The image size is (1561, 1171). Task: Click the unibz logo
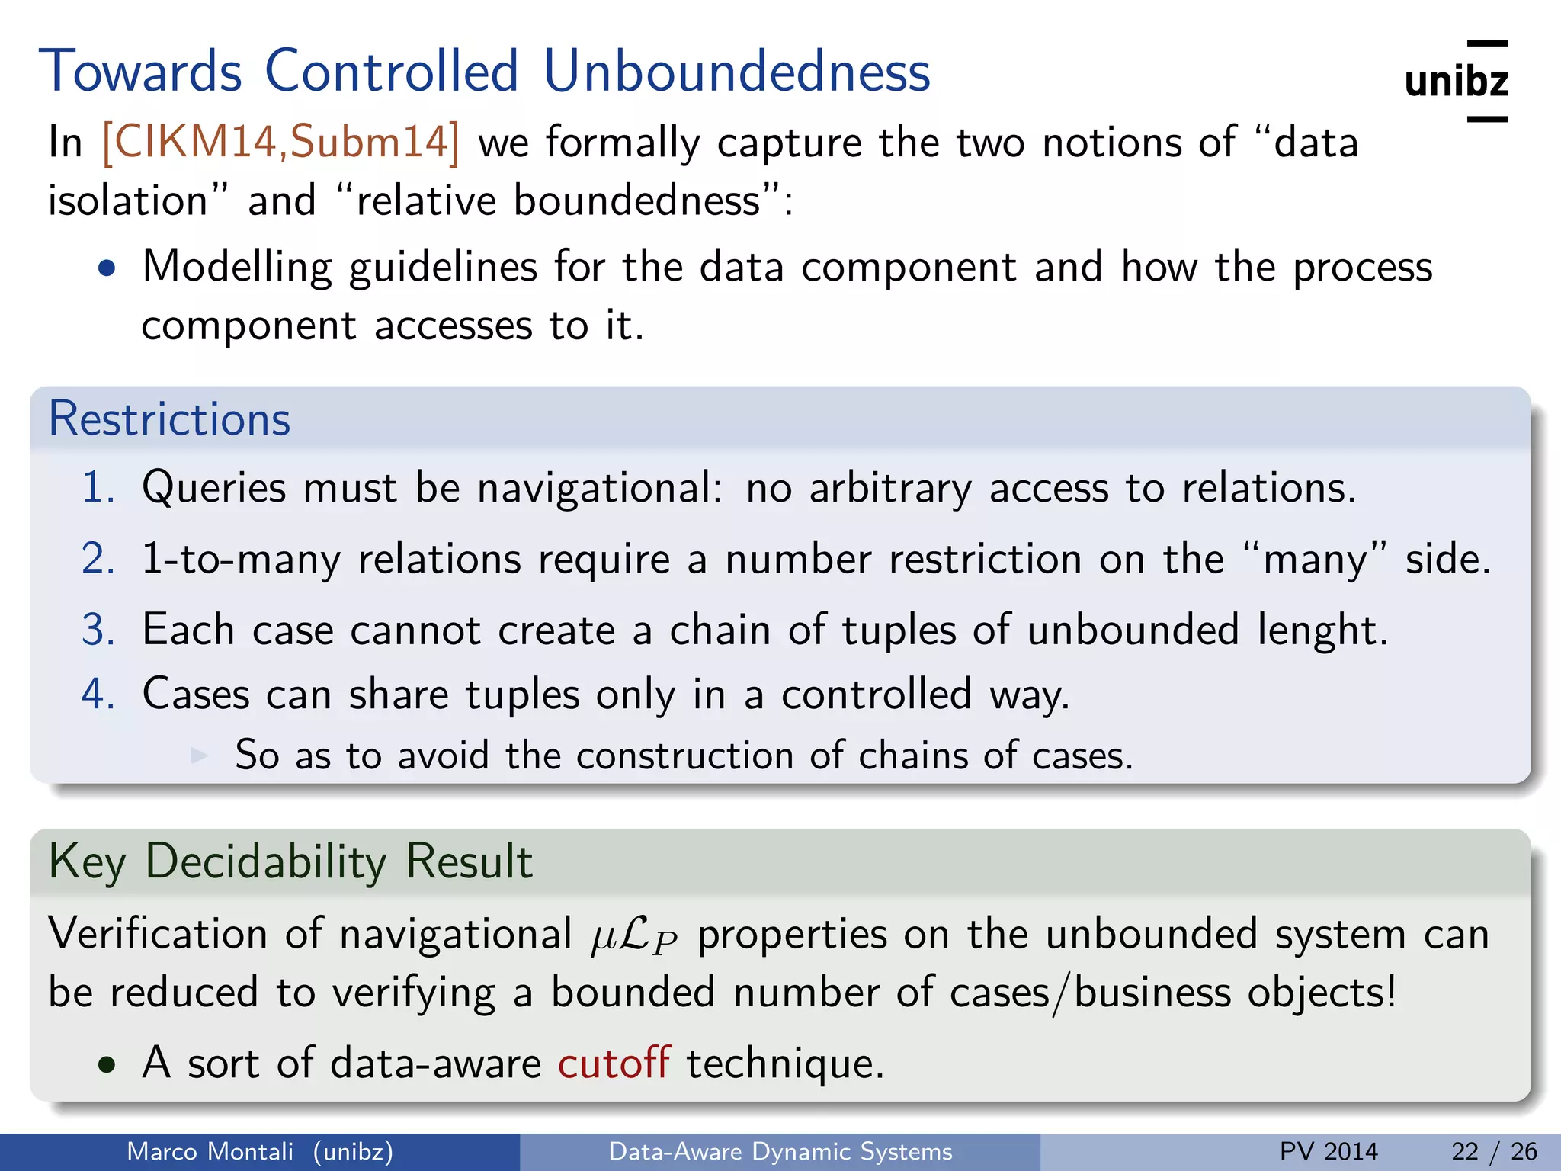click(1456, 81)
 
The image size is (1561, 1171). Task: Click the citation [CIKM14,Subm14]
click(280, 142)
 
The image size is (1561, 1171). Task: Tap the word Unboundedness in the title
click(736, 72)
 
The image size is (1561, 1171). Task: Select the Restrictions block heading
click(169, 419)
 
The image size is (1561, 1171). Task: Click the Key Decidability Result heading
click(290, 861)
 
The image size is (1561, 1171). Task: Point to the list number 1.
click(98, 487)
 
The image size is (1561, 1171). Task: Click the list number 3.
click(98, 630)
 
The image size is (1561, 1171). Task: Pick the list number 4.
click(98, 694)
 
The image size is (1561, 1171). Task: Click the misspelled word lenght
click(1321, 630)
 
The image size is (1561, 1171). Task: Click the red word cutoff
click(614, 1063)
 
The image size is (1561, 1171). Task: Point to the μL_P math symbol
click(633, 936)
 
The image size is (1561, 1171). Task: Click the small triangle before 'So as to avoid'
click(199, 755)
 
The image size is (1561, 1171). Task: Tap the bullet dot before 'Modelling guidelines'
click(107, 268)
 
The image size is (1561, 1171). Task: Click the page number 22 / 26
click(1494, 1151)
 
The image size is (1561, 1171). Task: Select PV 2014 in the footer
click(1329, 1151)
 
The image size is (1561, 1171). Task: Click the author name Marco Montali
click(210, 1151)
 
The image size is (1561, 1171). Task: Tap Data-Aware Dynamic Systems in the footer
click(780, 1151)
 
